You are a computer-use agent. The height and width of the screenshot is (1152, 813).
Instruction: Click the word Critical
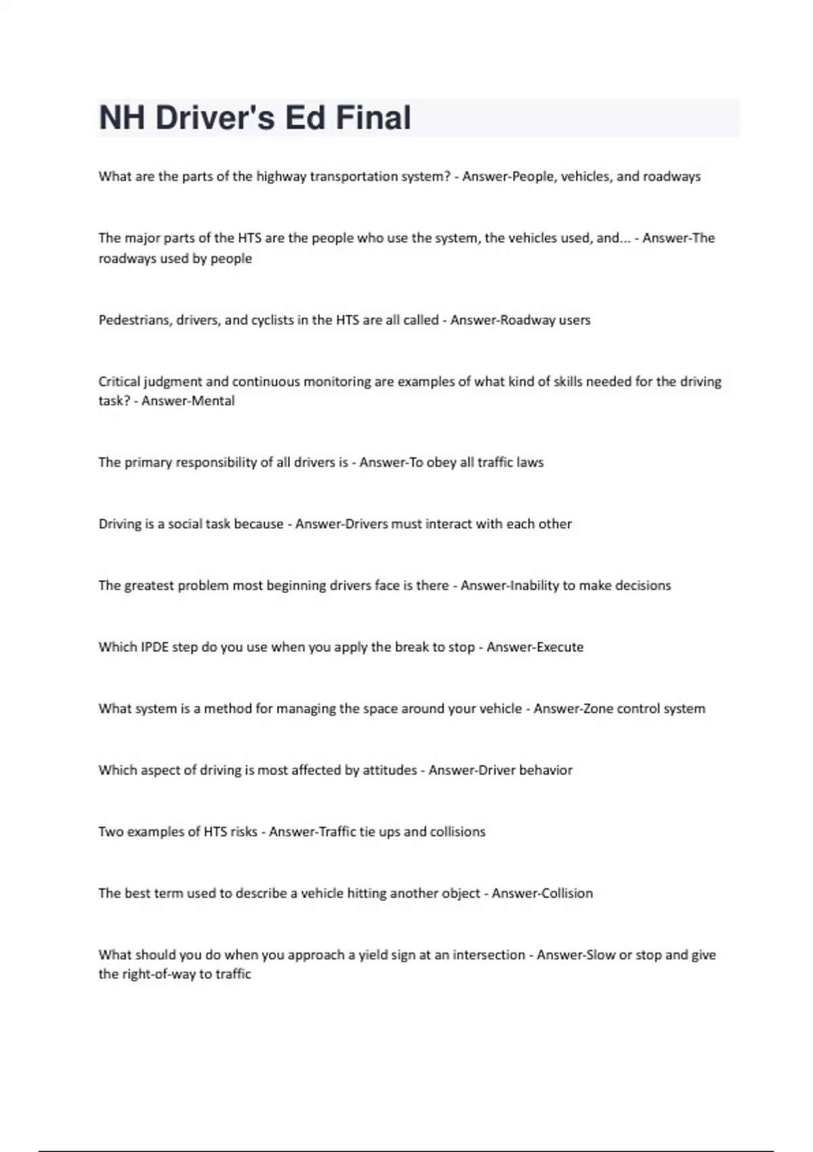point(119,382)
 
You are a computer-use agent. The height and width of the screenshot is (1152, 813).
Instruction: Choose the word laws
point(529,462)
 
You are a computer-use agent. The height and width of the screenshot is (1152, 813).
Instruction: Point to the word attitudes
point(390,770)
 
